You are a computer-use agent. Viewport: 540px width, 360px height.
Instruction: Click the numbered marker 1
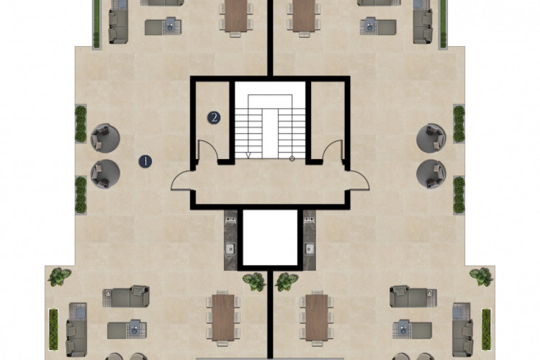(x=145, y=161)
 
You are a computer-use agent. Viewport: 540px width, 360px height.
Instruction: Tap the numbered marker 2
(x=214, y=118)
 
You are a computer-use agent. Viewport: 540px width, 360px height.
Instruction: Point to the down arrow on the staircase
(x=248, y=156)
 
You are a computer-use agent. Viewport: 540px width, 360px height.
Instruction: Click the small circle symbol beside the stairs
(x=292, y=158)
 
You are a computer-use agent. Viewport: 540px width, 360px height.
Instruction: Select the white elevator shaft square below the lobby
(x=270, y=238)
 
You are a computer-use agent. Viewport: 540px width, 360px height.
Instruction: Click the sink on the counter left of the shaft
(x=230, y=248)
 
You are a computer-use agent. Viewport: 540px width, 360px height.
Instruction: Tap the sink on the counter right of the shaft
(x=310, y=248)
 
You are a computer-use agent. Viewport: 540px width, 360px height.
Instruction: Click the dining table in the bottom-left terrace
(x=223, y=318)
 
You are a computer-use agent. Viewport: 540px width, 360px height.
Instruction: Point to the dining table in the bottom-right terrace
(x=317, y=318)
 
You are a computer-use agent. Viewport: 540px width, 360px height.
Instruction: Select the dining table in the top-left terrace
(x=236, y=16)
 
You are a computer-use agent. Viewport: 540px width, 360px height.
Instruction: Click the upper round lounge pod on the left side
(x=105, y=138)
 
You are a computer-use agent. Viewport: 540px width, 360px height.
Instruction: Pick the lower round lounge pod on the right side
(x=431, y=174)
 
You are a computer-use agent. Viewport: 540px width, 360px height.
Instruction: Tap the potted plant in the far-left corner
(x=59, y=276)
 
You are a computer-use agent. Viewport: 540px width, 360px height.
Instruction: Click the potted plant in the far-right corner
(x=482, y=276)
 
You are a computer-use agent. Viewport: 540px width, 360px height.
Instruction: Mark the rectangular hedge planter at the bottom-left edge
(x=53, y=329)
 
